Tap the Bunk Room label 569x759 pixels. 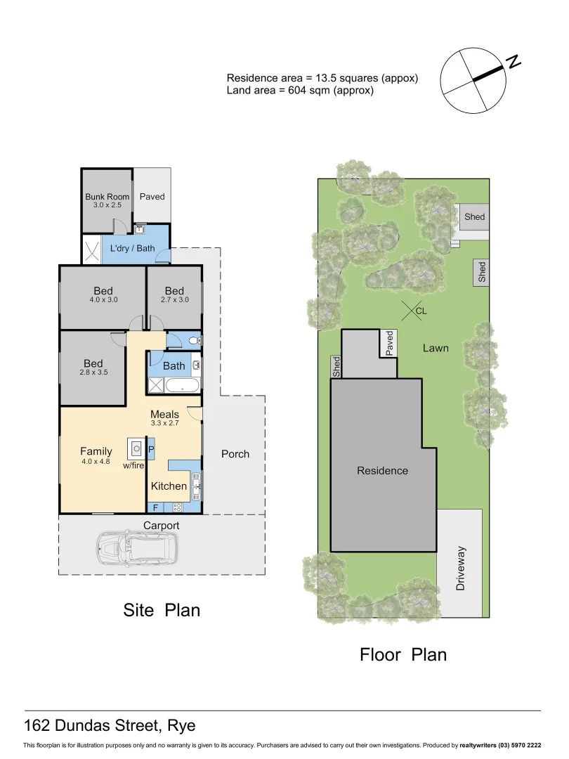(107, 197)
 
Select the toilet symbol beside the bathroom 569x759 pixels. (195, 341)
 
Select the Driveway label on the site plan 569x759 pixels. (461, 568)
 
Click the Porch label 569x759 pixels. (235, 454)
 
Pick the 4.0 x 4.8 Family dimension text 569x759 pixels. (96, 462)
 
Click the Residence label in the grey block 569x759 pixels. (382, 471)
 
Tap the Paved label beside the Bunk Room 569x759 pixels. (152, 197)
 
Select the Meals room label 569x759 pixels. (164, 414)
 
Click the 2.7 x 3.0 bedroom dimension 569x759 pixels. (174, 300)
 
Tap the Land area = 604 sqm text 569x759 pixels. (299, 91)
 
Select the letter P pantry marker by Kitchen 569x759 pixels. (151, 448)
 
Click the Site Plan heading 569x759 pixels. (162, 610)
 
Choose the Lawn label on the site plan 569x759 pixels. (436, 348)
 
